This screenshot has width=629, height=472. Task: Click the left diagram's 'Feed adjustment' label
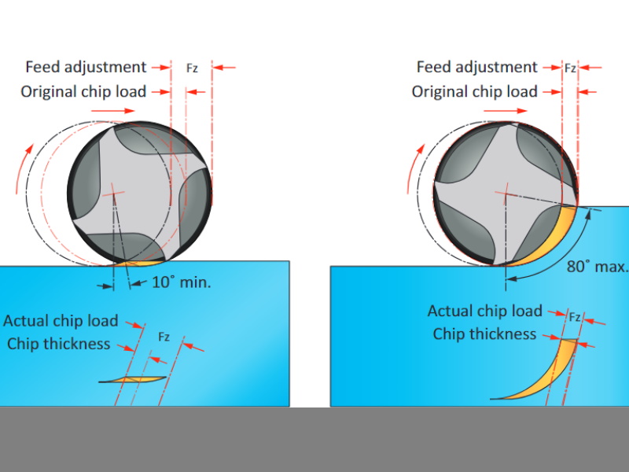click(x=86, y=67)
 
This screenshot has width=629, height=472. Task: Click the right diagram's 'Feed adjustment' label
click(x=476, y=67)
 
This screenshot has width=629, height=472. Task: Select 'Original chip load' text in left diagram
click(x=83, y=91)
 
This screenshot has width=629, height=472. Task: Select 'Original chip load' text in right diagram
click(x=474, y=91)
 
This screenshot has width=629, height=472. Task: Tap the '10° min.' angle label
click(x=182, y=282)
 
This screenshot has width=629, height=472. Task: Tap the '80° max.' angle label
click(x=598, y=266)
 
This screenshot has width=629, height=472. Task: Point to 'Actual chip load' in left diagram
click(x=61, y=321)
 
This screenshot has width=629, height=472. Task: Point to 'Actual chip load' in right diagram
click(x=484, y=311)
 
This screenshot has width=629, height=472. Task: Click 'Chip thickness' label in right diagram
click(x=484, y=334)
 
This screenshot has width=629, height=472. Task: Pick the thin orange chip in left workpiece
click(x=133, y=379)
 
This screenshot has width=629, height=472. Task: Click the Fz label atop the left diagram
click(x=192, y=68)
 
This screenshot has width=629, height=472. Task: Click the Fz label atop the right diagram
click(x=570, y=68)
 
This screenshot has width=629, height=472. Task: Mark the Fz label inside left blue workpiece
click(x=164, y=337)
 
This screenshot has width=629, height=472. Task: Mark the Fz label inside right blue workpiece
click(x=575, y=317)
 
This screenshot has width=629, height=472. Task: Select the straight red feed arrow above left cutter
click(x=114, y=112)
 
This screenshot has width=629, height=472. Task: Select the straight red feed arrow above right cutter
click(x=506, y=112)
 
